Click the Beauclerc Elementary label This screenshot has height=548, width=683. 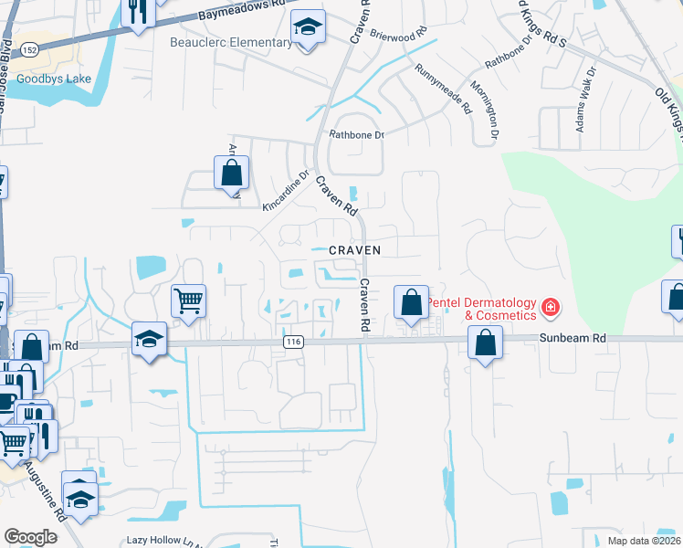229,41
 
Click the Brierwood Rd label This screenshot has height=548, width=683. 399,34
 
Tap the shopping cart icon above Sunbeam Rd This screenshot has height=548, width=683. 188,300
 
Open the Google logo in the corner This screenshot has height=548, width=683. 30,537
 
